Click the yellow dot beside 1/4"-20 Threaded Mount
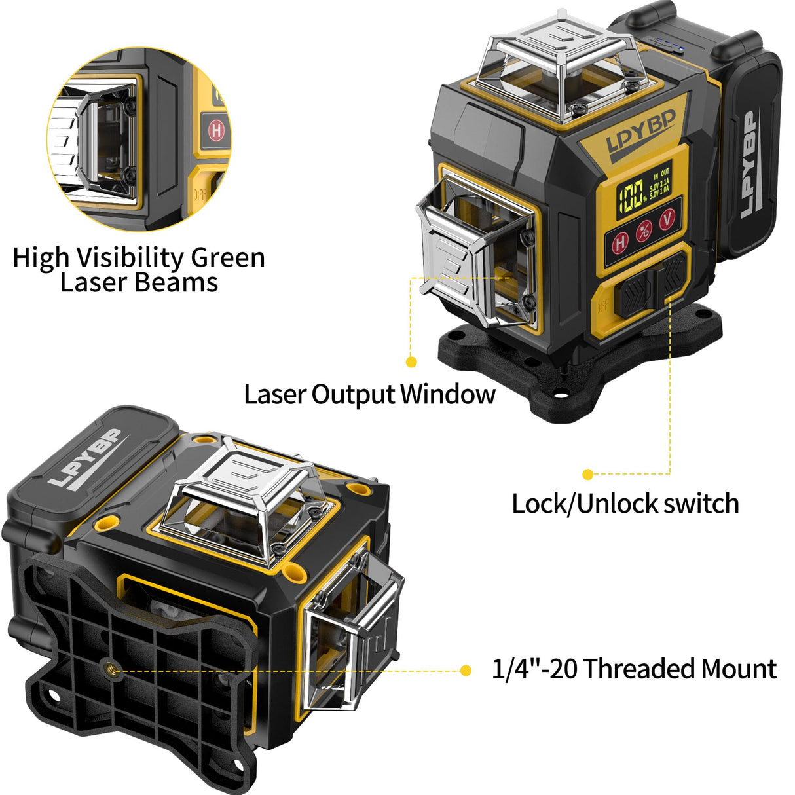pyautogui.click(x=466, y=670)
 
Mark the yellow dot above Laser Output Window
pyautogui.click(x=411, y=361)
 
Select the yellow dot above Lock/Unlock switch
pyautogui.click(x=588, y=474)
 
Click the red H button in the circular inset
pyautogui.click(x=216, y=130)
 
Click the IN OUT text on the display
pyautogui.click(x=661, y=175)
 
